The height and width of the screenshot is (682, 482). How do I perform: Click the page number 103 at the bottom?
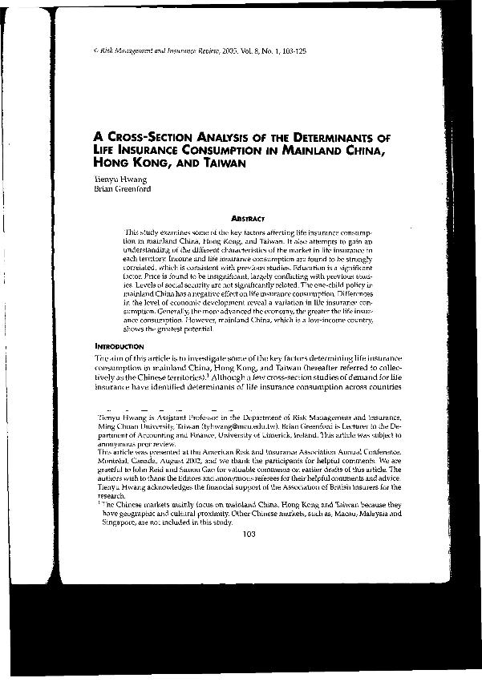[247, 535]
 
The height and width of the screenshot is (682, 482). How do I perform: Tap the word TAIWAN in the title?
[220, 163]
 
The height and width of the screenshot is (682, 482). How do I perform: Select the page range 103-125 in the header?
[290, 50]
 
